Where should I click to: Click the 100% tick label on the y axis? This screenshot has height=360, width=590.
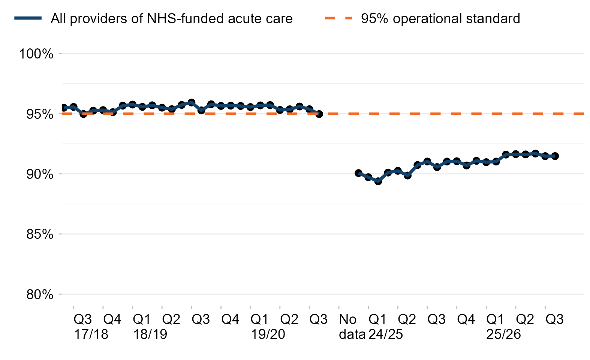[36, 54]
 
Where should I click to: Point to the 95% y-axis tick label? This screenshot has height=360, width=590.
[36, 114]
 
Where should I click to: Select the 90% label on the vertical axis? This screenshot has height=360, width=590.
[36, 174]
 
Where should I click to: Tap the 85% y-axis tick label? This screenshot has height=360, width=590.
[36, 234]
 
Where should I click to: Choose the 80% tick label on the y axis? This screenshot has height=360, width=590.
[36, 295]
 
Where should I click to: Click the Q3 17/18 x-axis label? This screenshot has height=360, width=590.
[90, 327]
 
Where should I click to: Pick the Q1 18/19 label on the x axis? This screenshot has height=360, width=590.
[150, 327]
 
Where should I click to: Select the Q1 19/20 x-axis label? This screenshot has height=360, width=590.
[268, 327]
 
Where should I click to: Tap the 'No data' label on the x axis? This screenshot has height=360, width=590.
[352, 327]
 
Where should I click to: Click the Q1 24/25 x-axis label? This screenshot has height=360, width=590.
[385, 327]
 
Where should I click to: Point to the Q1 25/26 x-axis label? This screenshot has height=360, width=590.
[503, 327]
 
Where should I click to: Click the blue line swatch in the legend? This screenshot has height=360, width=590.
[28, 18]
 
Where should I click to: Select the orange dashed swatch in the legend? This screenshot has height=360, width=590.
[338, 18]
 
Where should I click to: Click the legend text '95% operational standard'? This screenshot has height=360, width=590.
[440, 18]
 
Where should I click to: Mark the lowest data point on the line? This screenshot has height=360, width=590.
[378, 181]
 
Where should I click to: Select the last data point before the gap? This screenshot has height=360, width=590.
[319, 114]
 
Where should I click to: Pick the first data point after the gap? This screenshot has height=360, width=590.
[358, 173]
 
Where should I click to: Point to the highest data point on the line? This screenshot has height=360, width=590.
[191, 102]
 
